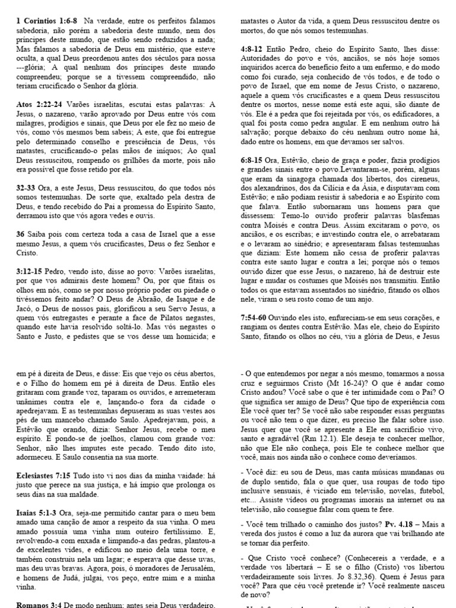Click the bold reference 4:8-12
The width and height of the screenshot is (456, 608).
tap(254, 49)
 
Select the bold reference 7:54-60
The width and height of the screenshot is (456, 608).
tap(256, 318)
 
